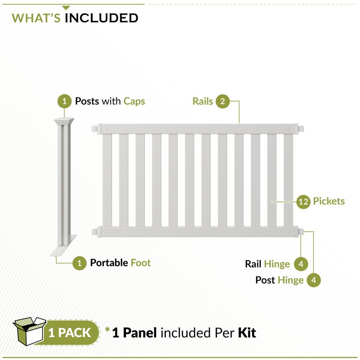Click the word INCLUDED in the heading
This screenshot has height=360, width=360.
point(101,18)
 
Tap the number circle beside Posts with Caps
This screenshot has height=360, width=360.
point(64,101)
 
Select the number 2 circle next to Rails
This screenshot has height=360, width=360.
point(222,101)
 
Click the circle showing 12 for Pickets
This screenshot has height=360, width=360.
point(303,201)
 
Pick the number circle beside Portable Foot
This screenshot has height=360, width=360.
point(79,262)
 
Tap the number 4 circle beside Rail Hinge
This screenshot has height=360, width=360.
point(300,264)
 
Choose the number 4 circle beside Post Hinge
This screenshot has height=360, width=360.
point(314,280)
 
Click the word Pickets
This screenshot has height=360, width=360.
point(329,201)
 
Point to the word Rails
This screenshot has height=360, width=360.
point(203,101)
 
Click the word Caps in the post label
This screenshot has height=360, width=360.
point(134,101)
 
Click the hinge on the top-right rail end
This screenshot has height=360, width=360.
point(301,129)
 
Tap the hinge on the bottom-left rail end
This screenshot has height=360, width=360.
point(95,232)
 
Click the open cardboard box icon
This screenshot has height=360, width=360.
point(29,331)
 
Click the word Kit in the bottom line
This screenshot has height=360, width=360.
point(247,332)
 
